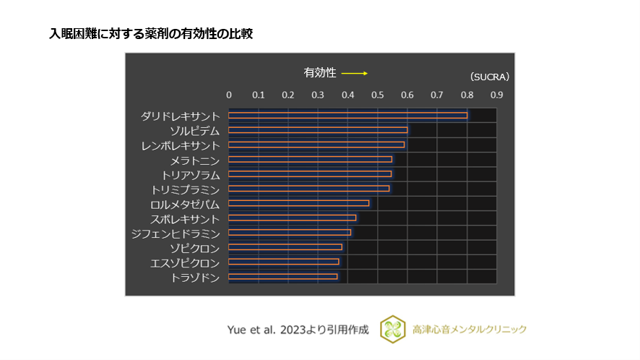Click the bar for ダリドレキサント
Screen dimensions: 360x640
click(x=347, y=115)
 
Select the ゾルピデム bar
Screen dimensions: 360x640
click(x=318, y=130)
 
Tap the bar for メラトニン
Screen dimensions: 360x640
click(x=310, y=159)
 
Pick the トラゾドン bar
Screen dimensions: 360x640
click(x=282, y=276)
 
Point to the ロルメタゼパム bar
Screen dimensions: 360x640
click(x=298, y=203)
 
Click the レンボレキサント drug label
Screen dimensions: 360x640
click(x=180, y=145)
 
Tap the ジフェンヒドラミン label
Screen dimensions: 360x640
click(x=175, y=233)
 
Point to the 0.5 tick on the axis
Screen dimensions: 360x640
click(x=377, y=95)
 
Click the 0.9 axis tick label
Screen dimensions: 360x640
click(x=496, y=95)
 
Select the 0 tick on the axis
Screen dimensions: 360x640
click(x=229, y=95)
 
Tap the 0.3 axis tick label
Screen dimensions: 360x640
click(x=318, y=95)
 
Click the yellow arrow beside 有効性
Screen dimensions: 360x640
click(x=355, y=73)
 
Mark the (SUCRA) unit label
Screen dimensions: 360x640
click(x=490, y=76)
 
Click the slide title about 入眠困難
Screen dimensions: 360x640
click(x=151, y=34)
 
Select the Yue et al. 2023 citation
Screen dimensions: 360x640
click(x=298, y=330)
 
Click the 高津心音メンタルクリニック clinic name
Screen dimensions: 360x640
click(x=470, y=330)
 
